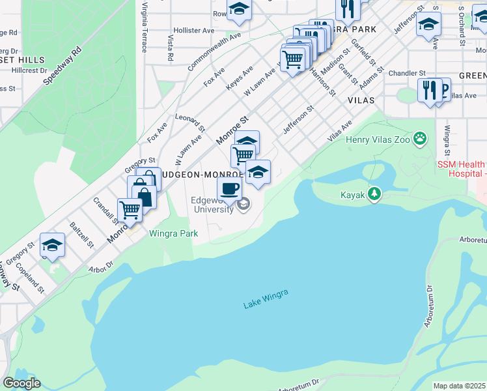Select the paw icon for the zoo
pos(421,138)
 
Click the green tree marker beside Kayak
pos(374,194)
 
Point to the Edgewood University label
pos(212,205)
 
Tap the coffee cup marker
pos(229,188)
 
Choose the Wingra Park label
pos(173,233)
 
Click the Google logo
pos(21,383)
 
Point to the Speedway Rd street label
pos(62,66)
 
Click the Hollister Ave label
pos(191,31)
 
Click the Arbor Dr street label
pos(101,265)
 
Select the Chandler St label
pos(407,73)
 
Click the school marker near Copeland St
pos(52,245)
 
